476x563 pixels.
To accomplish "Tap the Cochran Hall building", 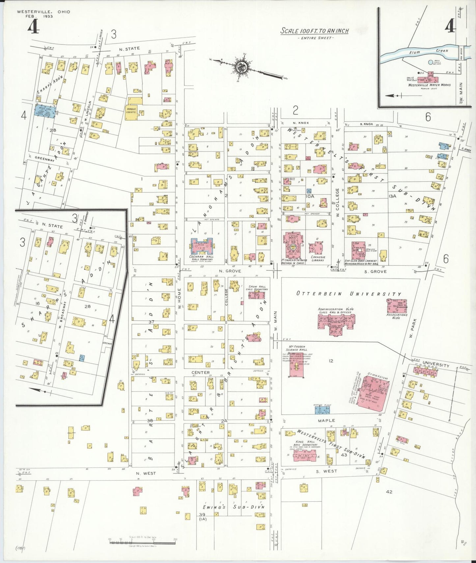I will (x=202, y=246).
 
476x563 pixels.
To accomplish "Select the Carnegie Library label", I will (x=318, y=258).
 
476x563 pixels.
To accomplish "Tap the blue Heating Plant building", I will (x=322, y=410).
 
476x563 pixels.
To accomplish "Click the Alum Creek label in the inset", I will (x=428, y=51).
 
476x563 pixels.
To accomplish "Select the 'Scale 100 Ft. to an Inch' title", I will (x=315, y=31).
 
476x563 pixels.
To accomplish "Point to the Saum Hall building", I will (x=257, y=295).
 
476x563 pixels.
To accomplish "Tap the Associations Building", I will (x=397, y=306).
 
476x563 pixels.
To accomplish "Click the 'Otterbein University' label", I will (x=349, y=293).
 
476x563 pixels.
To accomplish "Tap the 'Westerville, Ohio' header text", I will (x=43, y=12).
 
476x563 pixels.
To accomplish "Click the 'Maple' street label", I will (x=326, y=420).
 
